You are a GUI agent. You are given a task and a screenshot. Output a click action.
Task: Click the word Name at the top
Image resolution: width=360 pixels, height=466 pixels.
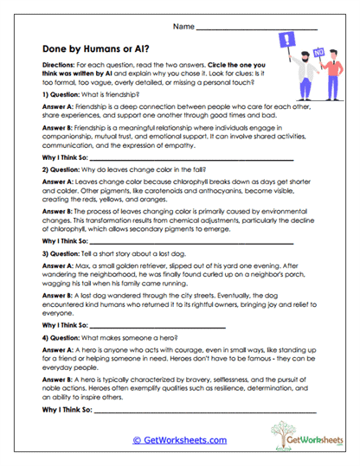coord(183,28)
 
